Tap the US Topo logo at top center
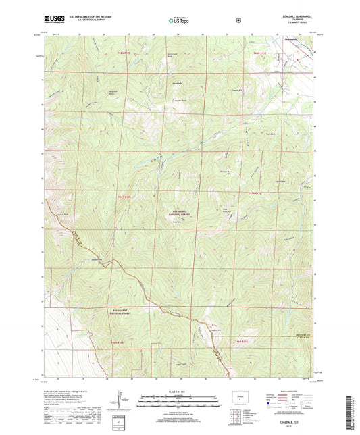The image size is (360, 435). [179, 21]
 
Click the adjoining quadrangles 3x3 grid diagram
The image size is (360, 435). [236, 411]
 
